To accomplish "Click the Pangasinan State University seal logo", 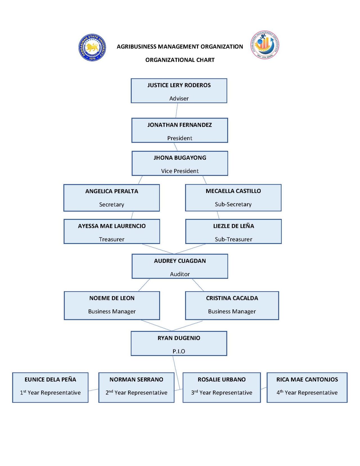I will click(92, 47).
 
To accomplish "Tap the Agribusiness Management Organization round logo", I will click(265, 45).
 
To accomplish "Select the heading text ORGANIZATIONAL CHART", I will click(180, 60).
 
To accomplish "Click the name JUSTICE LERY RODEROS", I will click(179, 85).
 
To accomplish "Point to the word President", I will click(180, 138).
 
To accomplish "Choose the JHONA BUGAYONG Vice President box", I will click(180, 163).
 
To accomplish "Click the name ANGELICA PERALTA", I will click(112, 191).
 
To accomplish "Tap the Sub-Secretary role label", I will click(233, 204).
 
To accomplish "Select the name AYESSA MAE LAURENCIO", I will click(112, 226).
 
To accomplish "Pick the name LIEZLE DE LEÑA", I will click(233, 226).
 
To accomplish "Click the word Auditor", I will click(180, 274).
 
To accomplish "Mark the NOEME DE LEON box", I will click(112, 305).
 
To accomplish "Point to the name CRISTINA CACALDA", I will click(232, 298).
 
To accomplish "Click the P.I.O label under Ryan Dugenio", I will click(179, 351).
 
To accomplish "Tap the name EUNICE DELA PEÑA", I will click(50, 380).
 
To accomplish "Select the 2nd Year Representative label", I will click(136, 393).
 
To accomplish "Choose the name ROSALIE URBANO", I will click(222, 380).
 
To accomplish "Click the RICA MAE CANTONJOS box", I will click(307, 387).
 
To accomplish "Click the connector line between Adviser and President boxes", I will click(177, 111).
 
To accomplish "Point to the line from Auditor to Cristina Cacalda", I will click(198, 285).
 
